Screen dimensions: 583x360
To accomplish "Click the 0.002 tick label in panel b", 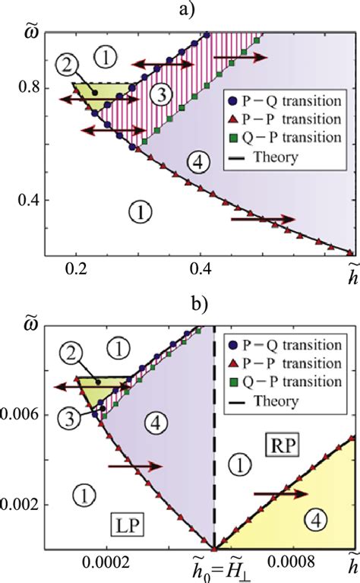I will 20,504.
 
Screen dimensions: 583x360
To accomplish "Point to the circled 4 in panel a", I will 194,160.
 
